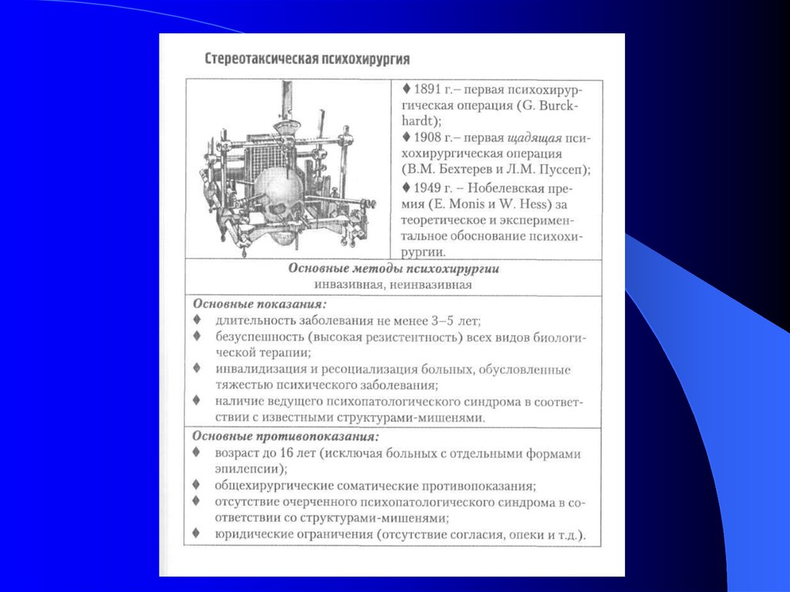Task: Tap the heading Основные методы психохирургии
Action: point(393,269)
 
